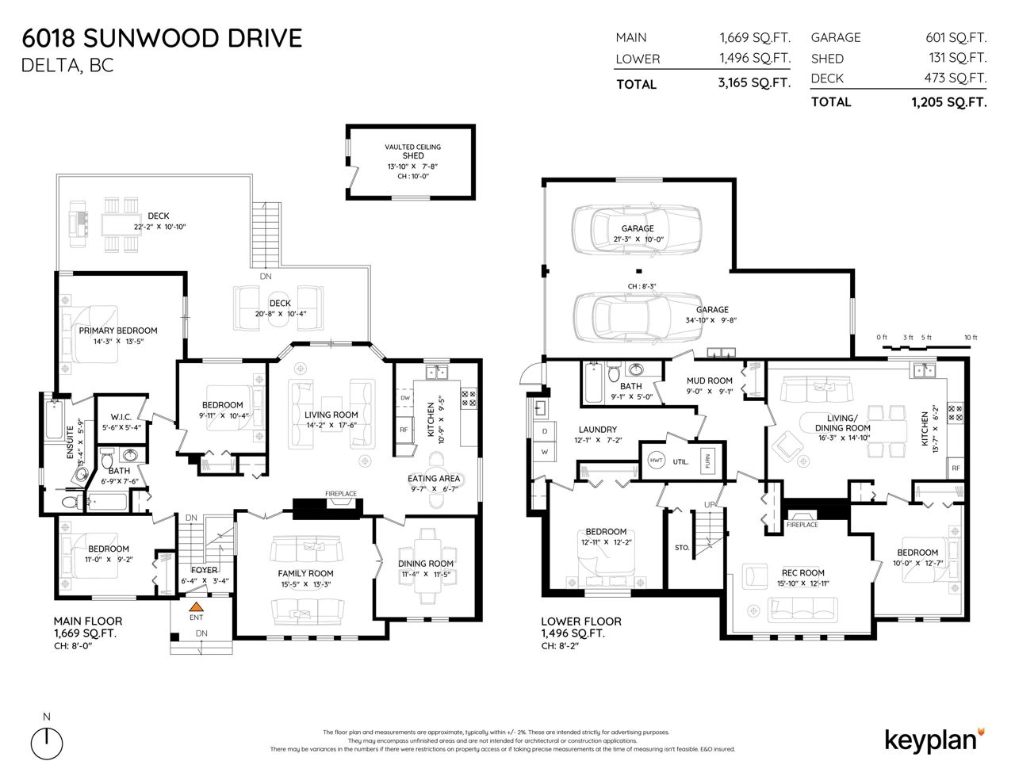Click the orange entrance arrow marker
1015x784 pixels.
coord(196,607)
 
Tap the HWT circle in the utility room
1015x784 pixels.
coord(657,461)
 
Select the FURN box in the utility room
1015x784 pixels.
coord(707,461)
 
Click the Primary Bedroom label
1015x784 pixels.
coord(118,331)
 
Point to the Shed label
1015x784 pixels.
coord(413,155)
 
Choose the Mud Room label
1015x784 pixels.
coord(709,381)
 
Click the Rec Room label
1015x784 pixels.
coord(803,572)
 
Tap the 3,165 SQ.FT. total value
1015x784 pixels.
coord(754,82)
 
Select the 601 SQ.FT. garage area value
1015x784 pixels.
coord(956,37)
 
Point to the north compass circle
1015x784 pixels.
coord(47,744)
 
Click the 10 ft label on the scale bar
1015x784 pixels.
coord(971,337)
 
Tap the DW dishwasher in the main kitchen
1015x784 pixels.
coord(405,398)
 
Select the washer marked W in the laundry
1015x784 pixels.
coord(545,452)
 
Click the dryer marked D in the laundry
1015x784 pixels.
coord(545,431)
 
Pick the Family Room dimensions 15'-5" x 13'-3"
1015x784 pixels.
coord(305,584)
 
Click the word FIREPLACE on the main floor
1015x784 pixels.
coord(341,494)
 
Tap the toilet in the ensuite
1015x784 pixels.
coord(73,503)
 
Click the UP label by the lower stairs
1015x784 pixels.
coord(710,505)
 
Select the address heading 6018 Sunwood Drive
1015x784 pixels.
coord(162,38)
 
